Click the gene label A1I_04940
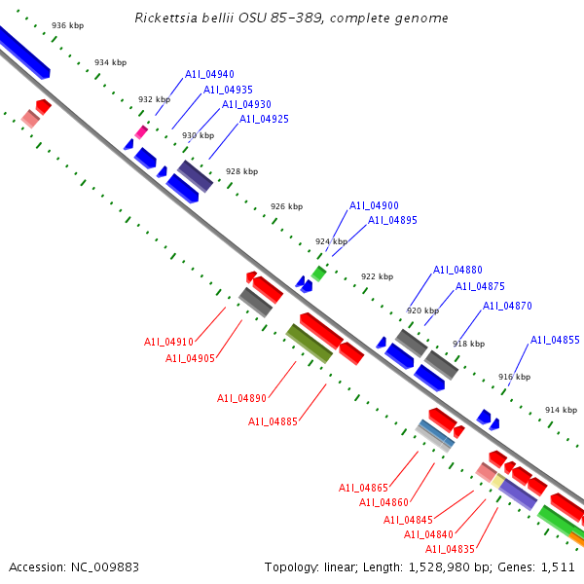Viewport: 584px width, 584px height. click(x=209, y=74)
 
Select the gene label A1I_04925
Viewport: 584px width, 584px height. click(x=264, y=119)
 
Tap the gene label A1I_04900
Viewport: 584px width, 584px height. click(x=374, y=205)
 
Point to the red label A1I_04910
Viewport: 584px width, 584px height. click(x=168, y=342)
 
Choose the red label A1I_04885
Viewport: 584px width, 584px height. click(x=273, y=421)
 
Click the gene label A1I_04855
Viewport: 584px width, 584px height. click(x=555, y=340)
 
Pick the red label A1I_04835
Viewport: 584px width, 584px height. click(x=450, y=549)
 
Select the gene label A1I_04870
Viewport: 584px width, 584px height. click(x=507, y=306)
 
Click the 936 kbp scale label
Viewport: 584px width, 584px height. click(x=68, y=25)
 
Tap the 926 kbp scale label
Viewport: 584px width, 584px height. click(x=287, y=206)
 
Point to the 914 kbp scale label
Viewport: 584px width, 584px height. click(x=562, y=410)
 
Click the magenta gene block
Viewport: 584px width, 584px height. click(x=141, y=132)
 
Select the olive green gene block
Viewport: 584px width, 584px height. click(x=309, y=344)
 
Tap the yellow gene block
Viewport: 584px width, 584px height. click(x=497, y=481)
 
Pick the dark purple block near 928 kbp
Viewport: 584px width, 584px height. click(x=196, y=176)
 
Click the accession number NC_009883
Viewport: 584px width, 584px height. click(x=105, y=567)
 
